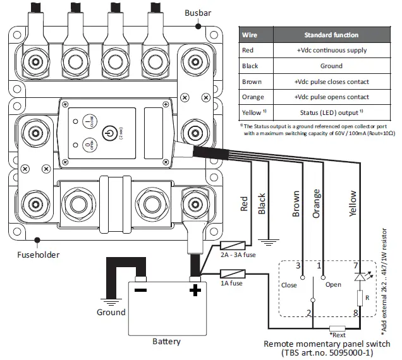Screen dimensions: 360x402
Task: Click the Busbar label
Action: click(198, 13)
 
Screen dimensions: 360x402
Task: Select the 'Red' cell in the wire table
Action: click(249, 50)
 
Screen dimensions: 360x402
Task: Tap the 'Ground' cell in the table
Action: click(331, 66)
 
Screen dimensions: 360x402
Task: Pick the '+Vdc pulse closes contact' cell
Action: click(331, 81)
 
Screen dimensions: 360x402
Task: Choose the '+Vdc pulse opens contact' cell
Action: click(331, 97)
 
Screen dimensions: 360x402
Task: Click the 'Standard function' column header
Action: click(331, 35)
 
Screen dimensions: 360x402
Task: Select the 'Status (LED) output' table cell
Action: click(331, 112)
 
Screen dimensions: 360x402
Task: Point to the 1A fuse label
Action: click(231, 283)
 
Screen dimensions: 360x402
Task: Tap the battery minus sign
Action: click(142, 291)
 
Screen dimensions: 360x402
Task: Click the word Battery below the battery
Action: click(166, 342)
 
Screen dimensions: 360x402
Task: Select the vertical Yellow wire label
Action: click(353, 203)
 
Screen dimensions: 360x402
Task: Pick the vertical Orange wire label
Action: click(316, 203)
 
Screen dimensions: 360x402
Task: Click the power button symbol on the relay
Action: click(109, 135)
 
